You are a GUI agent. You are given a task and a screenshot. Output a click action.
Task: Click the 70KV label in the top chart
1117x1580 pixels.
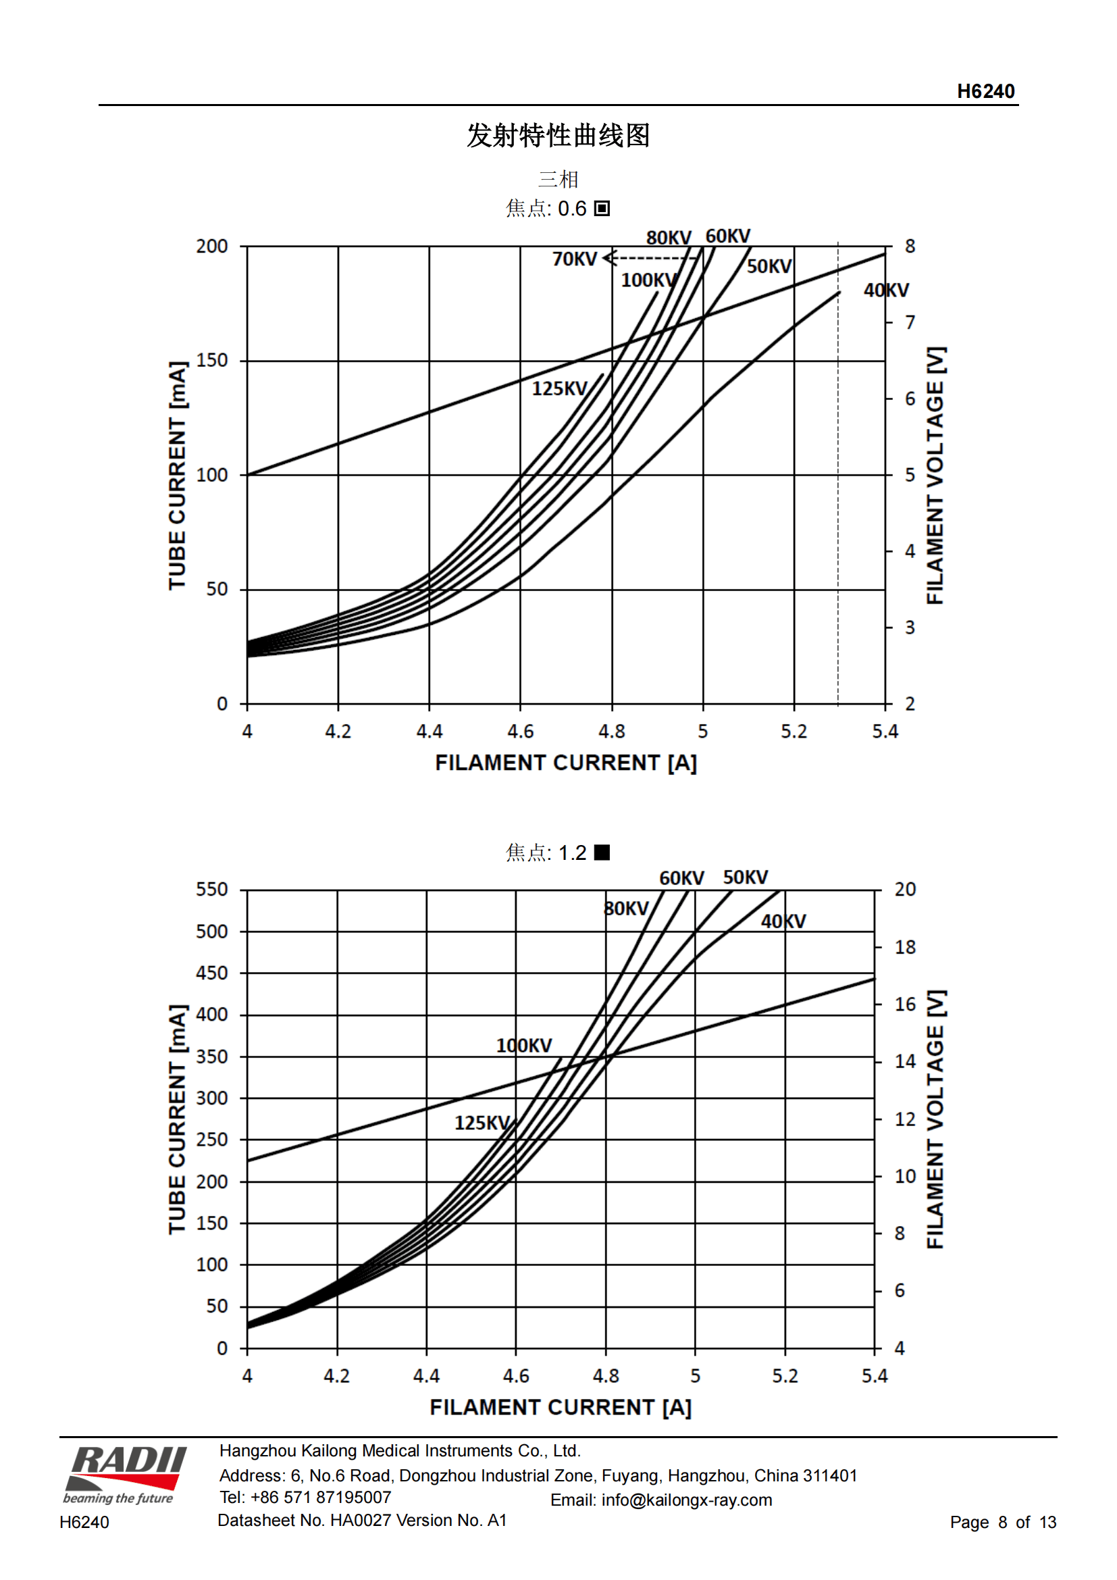point(574,259)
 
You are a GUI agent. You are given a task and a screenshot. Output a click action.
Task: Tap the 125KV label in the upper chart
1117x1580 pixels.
point(559,389)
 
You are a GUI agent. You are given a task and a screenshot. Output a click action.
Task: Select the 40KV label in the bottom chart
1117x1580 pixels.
point(783,921)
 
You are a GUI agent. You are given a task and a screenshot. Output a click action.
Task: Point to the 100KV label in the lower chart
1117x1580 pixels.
point(523,1045)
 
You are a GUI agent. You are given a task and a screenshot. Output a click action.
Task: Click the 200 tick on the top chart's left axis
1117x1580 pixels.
point(212,247)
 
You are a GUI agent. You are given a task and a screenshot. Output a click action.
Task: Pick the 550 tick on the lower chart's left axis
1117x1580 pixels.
point(212,889)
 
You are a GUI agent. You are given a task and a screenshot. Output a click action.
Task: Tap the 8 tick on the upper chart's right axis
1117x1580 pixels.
point(910,247)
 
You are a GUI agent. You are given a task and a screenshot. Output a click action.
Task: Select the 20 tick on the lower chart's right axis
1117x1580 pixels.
point(905,889)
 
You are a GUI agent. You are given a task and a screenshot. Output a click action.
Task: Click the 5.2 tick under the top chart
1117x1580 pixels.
point(794,732)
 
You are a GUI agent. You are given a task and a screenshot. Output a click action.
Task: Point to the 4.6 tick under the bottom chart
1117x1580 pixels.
point(516,1375)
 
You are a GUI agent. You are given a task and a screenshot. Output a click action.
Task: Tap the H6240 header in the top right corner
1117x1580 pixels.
point(985,91)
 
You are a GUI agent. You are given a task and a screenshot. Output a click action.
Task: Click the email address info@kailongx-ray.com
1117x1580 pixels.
point(686,1500)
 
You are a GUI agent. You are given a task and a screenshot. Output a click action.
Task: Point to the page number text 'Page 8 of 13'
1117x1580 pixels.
point(1002,1522)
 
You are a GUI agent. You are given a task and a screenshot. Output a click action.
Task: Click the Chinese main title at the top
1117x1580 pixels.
point(558,136)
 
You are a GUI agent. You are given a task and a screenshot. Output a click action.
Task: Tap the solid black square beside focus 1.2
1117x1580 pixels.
point(602,852)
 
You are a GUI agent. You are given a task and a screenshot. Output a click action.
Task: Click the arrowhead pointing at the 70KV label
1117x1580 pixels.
point(608,259)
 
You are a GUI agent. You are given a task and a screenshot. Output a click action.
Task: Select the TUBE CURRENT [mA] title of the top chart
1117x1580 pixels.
point(178,475)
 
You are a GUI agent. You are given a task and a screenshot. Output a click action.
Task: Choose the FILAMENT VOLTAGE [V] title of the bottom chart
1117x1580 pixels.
point(935,1119)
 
